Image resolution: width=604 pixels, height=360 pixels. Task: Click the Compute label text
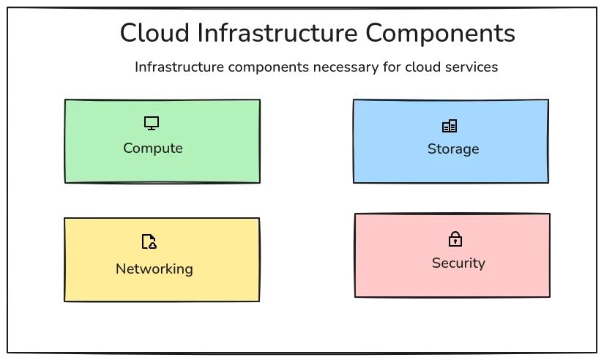pyautogui.click(x=152, y=149)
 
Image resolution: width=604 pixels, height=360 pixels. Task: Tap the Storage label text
pyautogui.click(x=452, y=149)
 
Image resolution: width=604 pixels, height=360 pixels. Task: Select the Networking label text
pyautogui.click(x=154, y=269)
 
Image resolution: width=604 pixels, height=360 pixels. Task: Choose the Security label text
pyautogui.click(x=458, y=263)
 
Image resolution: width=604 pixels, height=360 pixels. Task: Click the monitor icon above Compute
pyautogui.click(x=152, y=123)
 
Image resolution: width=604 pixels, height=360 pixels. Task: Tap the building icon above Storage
pyautogui.click(x=450, y=126)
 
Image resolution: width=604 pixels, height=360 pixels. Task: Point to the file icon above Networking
pyautogui.click(x=149, y=241)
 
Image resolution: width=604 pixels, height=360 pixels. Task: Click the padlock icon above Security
pyautogui.click(x=455, y=239)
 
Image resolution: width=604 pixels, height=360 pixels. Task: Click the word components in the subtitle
pyautogui.click(x=264, y=67)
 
